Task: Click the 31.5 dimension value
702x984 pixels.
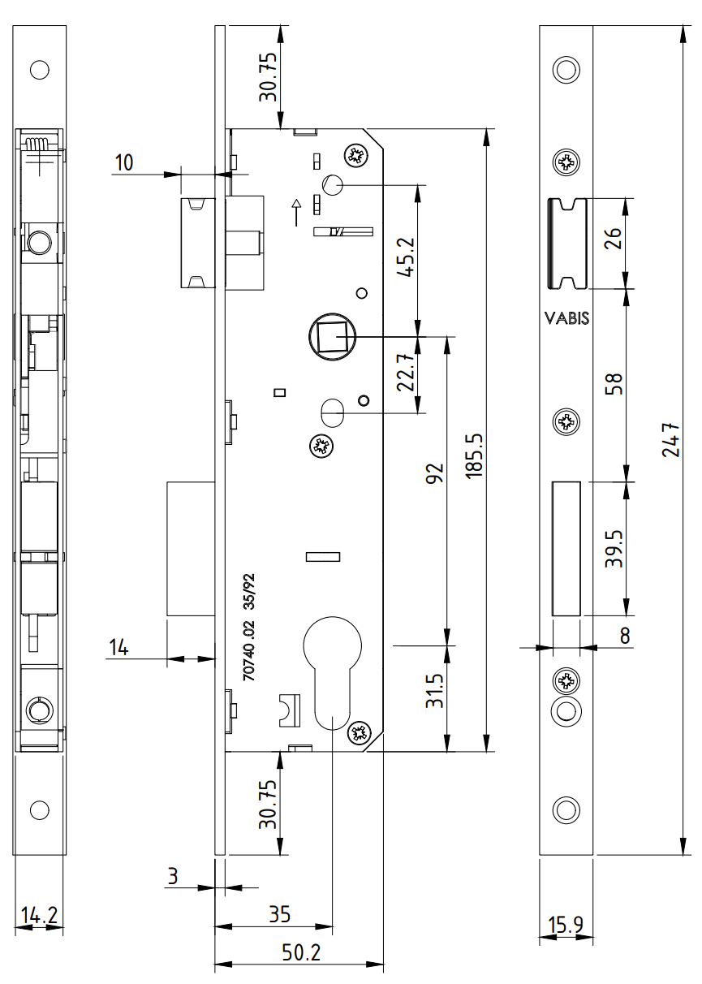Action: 436,691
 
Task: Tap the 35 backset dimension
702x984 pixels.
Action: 280,913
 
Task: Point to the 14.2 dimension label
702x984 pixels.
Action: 39,916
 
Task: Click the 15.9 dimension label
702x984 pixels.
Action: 566,924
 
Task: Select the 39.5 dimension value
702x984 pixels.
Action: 615,550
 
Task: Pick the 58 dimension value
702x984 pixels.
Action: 615,384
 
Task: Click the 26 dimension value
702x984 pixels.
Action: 615,242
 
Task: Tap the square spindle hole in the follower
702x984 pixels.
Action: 331,336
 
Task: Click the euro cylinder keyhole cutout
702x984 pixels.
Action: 331,674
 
